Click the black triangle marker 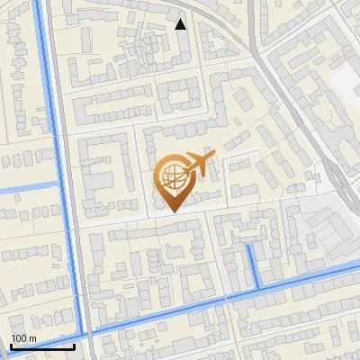click(181, 24)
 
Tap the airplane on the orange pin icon click(198, 164)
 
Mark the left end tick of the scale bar click(10, 346)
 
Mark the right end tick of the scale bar click(75, 346)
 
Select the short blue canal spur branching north click(254, 266)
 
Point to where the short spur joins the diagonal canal click(258, 288)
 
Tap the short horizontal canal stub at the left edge click(27, 188)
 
